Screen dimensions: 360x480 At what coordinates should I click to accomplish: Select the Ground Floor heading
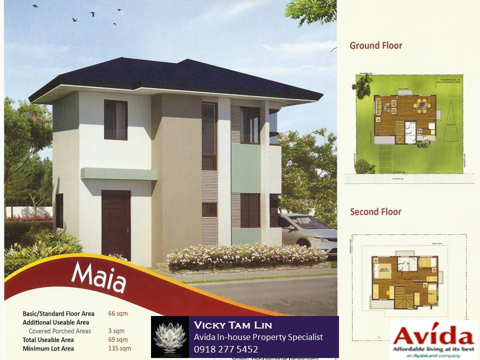pos(375,45)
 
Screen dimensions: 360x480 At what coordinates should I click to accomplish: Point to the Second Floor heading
pos(375,211)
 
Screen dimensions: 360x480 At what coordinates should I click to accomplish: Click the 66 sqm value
pos(118,314)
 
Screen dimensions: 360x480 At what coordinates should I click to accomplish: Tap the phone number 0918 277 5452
pos(226,349)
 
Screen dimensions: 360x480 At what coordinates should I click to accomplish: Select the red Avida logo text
pos(433,333)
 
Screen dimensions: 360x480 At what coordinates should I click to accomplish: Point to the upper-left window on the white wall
pos(115,120)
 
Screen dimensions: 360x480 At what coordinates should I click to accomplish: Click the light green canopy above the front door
pos(119,174)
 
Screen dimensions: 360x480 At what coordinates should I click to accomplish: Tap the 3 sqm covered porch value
pos(116,331)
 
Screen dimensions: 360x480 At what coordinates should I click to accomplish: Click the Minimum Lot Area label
pos(48,348)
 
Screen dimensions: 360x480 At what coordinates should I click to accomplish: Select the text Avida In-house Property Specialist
pos(258,337)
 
